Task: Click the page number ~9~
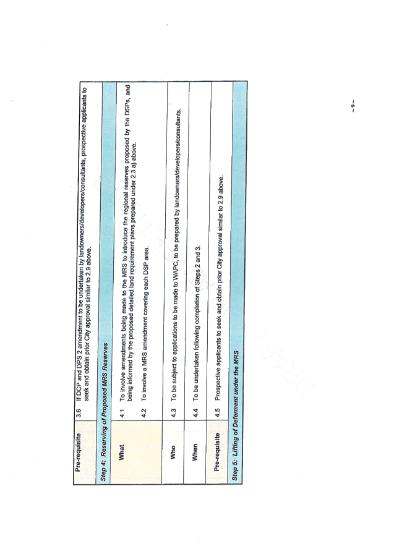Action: (x=353, y=106)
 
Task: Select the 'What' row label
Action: (x=122, y=452)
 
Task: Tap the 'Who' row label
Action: (x=173, y=452)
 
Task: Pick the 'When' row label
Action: (x=195, y=452)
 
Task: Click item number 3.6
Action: (x=79, y=414)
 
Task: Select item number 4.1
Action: (x=122, y=414)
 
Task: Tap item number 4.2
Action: (x=144, y=414)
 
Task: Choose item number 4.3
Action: (x=174, y=414)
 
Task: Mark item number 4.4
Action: (x=195, y=414)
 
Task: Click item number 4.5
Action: (x=217, y=414)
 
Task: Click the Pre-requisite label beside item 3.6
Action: (x=79, y=452)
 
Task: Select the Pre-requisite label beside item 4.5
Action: (x=217, y=452)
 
